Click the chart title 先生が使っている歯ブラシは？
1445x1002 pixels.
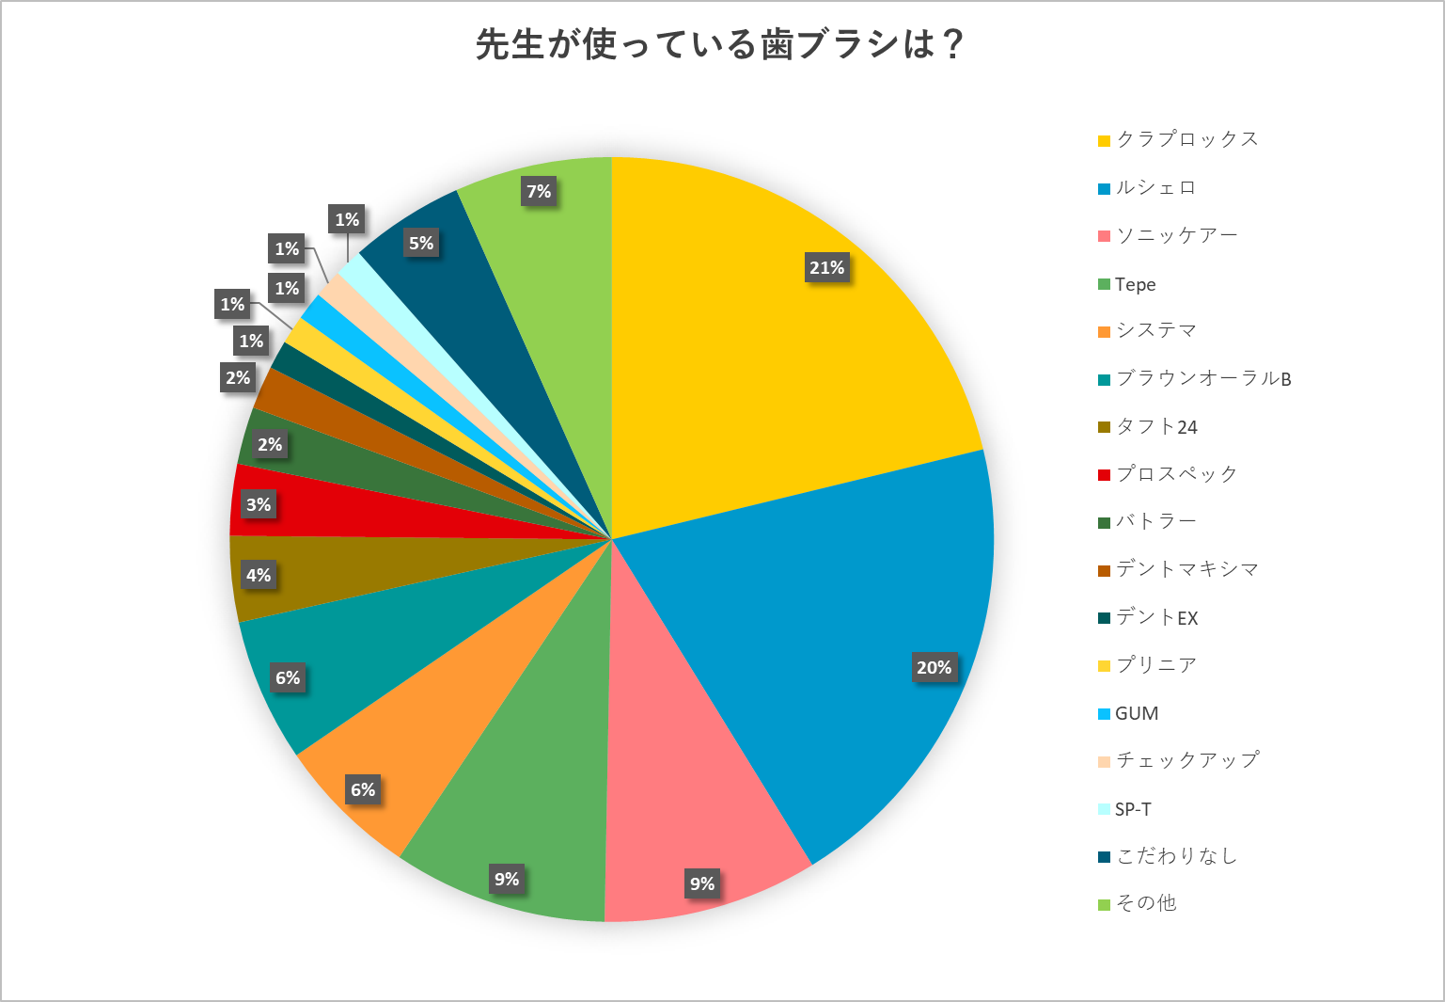[x=720, y=44]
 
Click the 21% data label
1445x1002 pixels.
[x=827, y=268]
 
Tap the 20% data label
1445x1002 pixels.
[x=934, y=668]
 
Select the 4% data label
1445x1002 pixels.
[x=259, y=575]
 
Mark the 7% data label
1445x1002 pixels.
[x=539, y=192]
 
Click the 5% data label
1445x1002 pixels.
[x=421, y=244]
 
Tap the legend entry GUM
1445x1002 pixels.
[x=1136, y=713]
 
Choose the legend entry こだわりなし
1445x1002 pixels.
[x=1175, y=856]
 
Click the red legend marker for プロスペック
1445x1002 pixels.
[x=1105, y=475]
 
